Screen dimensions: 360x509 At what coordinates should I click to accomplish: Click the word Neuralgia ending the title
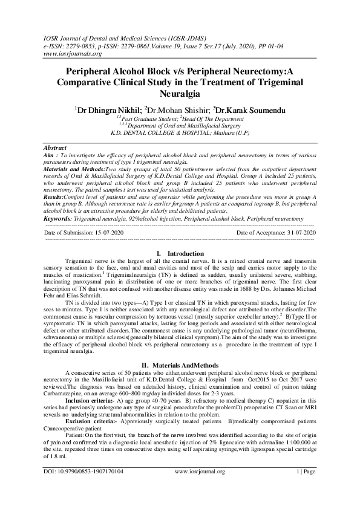pyautogui.click(x=180, y=94)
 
